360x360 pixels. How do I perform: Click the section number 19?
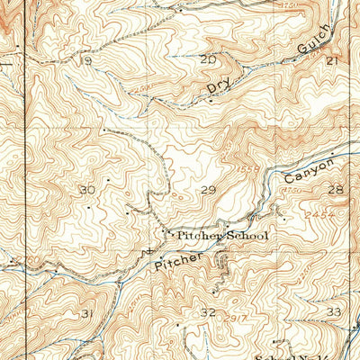tap(86, 61)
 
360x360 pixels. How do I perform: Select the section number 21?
tap(331, 60)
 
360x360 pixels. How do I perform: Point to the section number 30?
tap(87, 190)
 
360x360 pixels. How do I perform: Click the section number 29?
tap(209, 190)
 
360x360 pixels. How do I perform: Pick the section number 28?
tap(336, 189)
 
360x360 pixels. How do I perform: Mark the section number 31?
tap(87, 313)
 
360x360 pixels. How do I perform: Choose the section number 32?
tap(209, 312)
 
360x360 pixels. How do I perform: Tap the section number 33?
tap(335, 310)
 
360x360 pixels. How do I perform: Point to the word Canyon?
tap(309, 170)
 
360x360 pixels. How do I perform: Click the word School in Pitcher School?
tap(243, 236)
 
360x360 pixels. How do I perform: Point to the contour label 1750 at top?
tap(289, 6)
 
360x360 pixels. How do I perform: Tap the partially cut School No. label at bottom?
tap(306, 355)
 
